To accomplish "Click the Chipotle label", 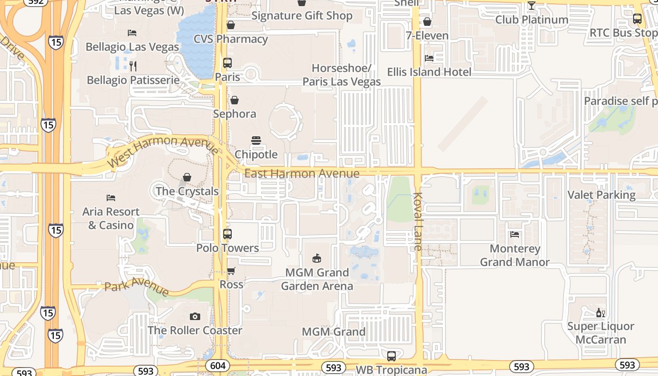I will click(x=256, y=154).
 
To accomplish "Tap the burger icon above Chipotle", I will click(x=256, y=141).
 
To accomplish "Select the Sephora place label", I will click(x=235, y=114).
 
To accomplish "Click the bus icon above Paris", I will click(x=227, y=63).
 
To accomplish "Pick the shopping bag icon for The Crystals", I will click(x=187, y=177).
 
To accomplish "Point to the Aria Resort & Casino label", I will click(x=111, y=218).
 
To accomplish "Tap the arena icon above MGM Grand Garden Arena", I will click(x=317, y=258).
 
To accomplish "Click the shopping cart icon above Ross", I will click(x=231, y=271).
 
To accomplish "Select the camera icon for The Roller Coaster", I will click(x=195, y=316).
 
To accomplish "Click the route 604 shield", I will click(x=217, y=366).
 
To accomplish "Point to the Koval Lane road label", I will click(x=418, y=221).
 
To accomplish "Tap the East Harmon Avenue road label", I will click(x=302, y=173).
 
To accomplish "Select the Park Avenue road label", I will click(x=136, y=286).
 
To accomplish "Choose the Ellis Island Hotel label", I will click(x=429, y=72).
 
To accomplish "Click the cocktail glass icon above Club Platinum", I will click(x=532, y=6).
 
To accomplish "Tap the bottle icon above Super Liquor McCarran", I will click(x=600, y=313).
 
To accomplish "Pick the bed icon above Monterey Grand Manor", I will click(x=515, y=235).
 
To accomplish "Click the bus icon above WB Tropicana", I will click(x=392, y=356).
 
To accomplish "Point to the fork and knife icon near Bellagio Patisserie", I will click(x=133, y=66).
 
